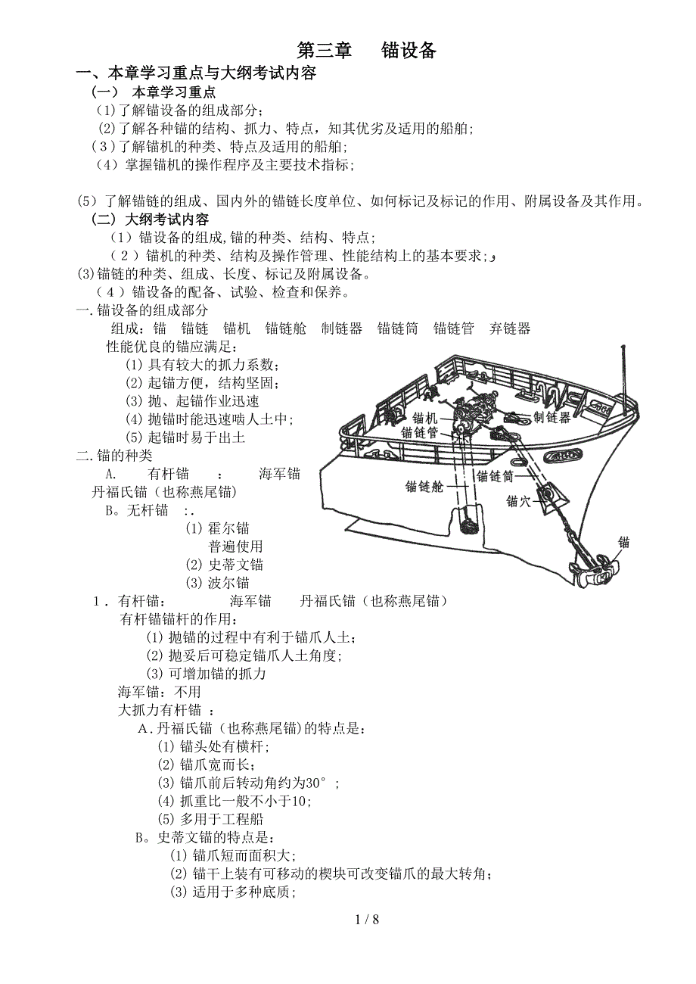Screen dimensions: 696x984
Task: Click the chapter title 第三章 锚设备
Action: [367, 50]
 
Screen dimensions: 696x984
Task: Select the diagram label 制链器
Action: [552, 417]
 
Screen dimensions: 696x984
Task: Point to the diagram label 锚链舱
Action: [424, 486]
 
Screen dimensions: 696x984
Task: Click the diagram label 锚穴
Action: [519, 501]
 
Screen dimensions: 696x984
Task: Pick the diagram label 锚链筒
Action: [495, 476]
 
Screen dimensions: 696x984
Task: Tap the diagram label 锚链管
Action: [419, 433]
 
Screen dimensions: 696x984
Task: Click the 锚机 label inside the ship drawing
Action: [425, 418]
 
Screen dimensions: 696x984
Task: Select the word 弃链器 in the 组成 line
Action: [510, 329]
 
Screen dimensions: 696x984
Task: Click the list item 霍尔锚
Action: [217, 528]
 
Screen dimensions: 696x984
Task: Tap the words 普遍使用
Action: [235, 546]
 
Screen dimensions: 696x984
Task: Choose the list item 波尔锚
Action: [217, 583]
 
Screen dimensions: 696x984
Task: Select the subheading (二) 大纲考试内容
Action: [150, 219]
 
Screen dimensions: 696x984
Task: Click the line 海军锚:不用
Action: [160, 691]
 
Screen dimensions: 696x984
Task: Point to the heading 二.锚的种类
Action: [114, 455]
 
